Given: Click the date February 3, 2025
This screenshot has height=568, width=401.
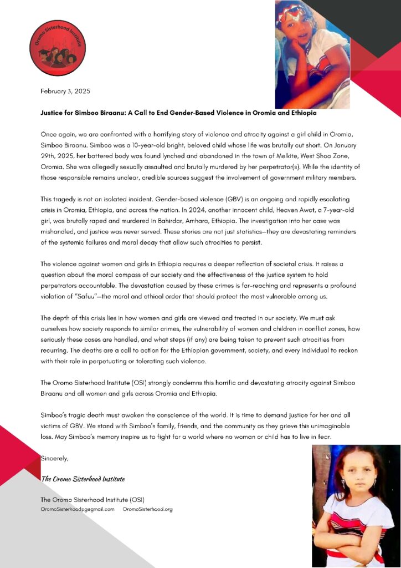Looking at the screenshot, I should (x=65, y=90).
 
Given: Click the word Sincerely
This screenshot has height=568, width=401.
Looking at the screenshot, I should (x=55, y=458).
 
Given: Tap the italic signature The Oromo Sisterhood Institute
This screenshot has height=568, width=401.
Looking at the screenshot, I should (x=83, y=479).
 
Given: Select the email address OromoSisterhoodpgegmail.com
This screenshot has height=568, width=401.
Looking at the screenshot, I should (x=78, y=509).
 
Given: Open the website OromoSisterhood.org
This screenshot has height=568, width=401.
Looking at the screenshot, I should (x=148, y=509).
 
